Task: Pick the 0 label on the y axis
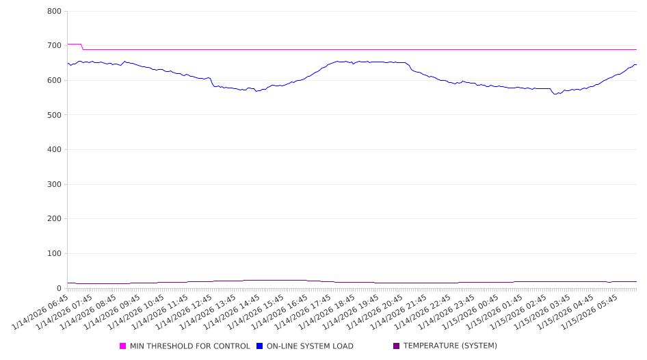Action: pos(59,289)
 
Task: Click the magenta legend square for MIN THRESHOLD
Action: pos(123,346)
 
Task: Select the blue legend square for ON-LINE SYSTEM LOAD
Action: pos(260,346)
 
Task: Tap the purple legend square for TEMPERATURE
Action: pos(397,346)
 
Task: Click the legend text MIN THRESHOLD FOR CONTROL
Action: pos(189,346)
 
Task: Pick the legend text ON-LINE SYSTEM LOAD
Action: pos(310,346)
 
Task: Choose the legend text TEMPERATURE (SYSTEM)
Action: pos(450,346)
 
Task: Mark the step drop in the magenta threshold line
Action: pos(83,47)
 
